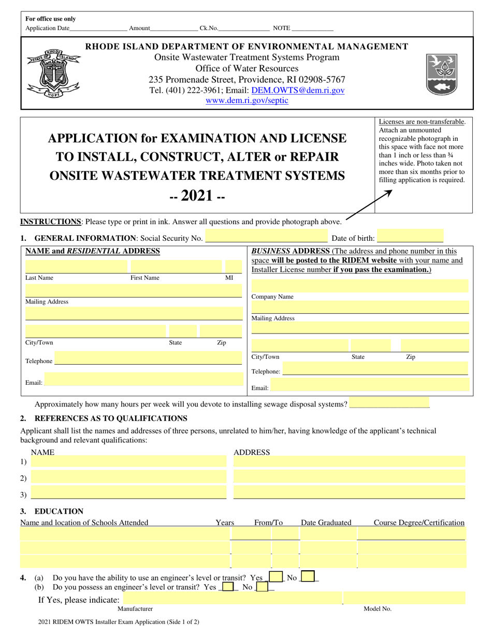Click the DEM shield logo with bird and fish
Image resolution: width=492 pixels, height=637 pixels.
[442, 75]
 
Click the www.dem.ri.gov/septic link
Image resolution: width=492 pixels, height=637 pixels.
[247, 100]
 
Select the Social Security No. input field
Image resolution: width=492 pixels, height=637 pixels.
[267, 238]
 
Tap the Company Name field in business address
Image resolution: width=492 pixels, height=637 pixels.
[360, 286]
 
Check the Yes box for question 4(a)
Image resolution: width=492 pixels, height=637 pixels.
[276, 577]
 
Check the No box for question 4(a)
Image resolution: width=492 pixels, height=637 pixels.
[307, 577]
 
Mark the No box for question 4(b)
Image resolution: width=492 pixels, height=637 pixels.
[262, 587]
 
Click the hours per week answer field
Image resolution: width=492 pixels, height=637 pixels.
[389, 403]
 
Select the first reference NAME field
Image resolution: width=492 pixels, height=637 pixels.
[128, 462]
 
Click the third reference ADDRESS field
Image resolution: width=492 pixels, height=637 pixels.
[349, 493]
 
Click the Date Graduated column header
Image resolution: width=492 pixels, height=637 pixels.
[326, 523]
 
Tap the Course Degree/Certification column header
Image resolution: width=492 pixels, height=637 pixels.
[419, 523]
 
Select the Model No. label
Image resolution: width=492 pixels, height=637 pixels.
[378, 609]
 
